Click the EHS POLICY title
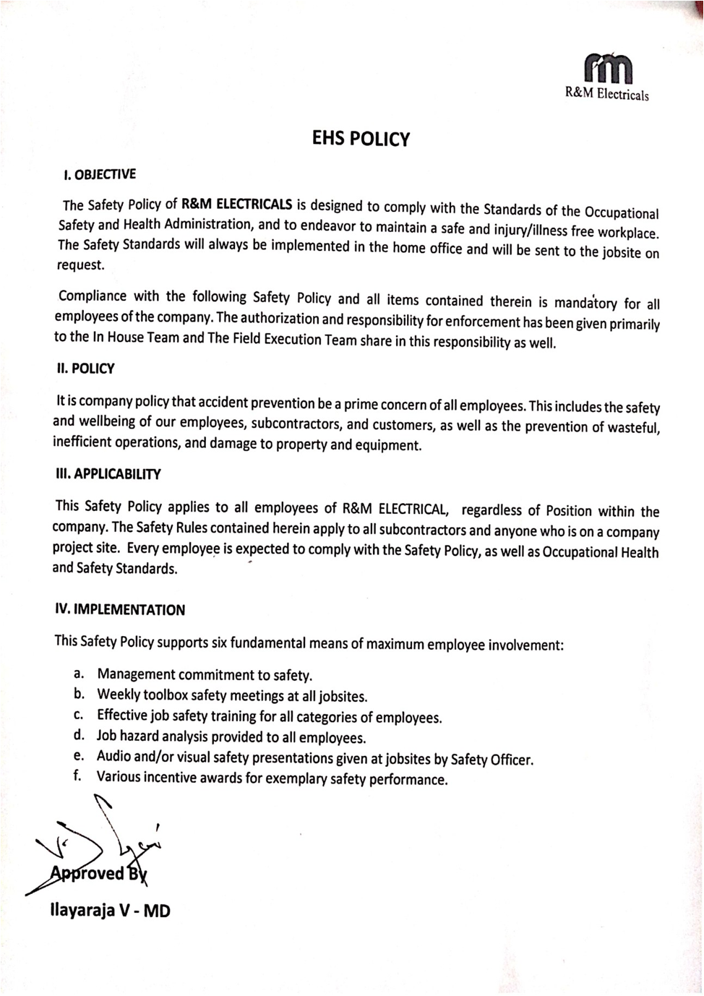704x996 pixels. [361, 138]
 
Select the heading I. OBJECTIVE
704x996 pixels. [99, 174]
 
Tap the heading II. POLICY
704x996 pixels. [85, 368]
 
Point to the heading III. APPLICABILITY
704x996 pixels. [108, 474]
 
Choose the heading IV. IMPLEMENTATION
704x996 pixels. [120, 609]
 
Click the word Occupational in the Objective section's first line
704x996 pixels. [621, 212]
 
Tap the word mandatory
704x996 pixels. [585, 303]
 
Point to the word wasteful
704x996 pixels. [633, 427]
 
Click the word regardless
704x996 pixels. [491, 510]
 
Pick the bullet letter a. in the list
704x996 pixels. [80, 673]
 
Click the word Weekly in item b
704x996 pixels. [118, 695]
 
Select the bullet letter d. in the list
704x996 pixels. [80, 736]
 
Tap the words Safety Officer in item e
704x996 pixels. [491, 760]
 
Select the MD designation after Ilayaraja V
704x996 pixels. [157, 911]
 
